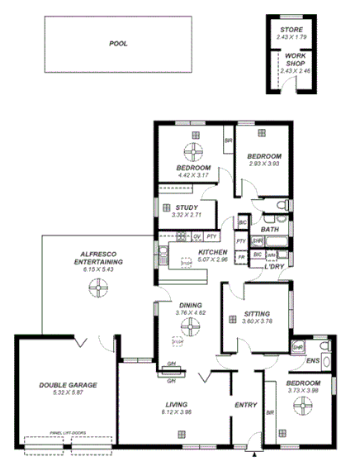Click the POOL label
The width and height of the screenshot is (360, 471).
[119, 43]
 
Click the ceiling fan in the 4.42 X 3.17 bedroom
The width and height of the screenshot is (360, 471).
[195, 151]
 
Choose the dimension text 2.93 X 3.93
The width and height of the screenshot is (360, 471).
[264, 164]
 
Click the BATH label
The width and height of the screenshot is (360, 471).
[269, 230]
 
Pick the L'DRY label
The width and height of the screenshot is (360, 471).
[274, 266]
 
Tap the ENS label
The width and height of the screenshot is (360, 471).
[314, 362]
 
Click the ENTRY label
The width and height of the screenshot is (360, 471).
[246, 405]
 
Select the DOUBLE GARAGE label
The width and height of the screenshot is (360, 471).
[68, 385]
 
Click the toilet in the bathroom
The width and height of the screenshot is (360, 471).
[281, 205]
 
